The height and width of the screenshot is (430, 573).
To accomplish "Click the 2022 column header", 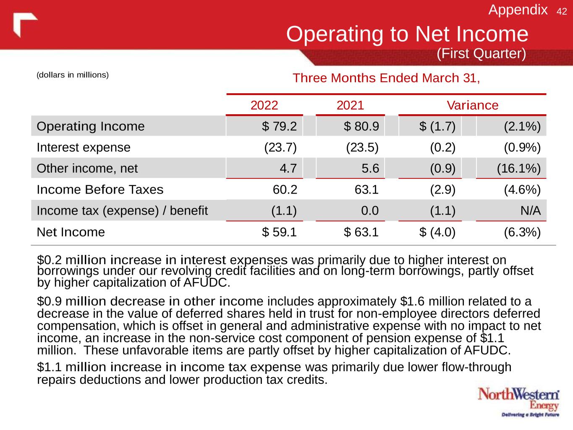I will [x=264, y=105].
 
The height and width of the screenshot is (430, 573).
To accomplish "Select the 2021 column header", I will [x=350, y=105].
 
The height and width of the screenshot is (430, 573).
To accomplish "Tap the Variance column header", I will [x=472, y=105].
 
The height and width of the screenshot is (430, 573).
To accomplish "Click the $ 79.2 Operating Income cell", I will [x=279, y=126].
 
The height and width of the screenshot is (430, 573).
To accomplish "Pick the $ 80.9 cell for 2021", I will [x=361, y=126].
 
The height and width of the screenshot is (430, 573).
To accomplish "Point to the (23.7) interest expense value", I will [x=280, y=147].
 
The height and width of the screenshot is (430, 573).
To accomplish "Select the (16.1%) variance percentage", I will [x=519, y=168].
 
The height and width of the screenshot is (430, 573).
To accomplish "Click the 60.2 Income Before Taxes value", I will [x=285, y=189].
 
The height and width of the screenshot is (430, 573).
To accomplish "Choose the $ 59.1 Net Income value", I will [x=279, y=232].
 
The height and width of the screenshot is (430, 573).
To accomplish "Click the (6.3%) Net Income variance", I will [x=522, y=232].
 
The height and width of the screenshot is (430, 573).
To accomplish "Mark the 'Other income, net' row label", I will [x=87, y=168].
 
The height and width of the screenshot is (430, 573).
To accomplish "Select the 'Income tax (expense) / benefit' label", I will [x=122, y=210].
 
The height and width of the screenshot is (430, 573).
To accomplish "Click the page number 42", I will [x=562, y=12].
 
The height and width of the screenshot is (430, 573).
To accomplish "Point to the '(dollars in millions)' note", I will [x=73, y=75].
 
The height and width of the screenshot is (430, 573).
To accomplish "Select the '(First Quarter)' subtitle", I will [x=481, y=54].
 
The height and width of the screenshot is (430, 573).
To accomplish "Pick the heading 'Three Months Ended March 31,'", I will [x=386, y=78].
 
